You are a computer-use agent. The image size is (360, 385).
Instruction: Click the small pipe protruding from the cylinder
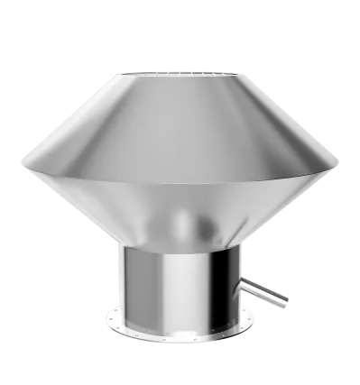click(x=263, y=291)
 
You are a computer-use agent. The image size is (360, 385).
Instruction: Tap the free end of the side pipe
click(x=284, y=301)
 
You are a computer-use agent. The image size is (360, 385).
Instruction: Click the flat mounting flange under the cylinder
click(x=180, y=330)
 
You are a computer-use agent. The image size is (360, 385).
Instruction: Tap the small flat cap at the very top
click(x=180, y=69)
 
